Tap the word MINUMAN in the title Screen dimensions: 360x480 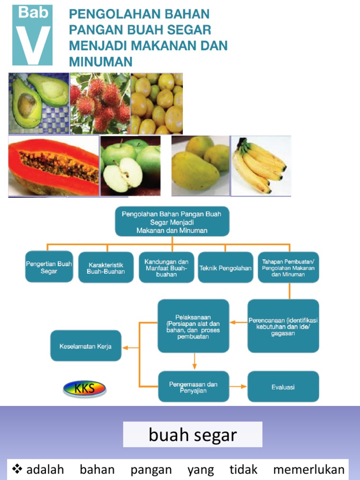101,61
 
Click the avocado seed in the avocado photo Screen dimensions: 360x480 27,105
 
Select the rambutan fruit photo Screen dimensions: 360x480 100,104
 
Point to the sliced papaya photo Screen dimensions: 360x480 53,165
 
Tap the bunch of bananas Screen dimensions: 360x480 259,165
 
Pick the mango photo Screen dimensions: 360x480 200,165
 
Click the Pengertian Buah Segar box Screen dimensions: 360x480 49,267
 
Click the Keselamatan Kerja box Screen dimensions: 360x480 86,345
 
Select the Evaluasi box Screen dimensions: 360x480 283,387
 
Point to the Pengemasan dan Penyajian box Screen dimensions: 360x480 194,387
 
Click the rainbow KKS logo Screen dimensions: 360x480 84,389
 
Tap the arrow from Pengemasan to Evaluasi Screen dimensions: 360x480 238,387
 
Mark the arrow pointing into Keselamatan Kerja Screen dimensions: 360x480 131,348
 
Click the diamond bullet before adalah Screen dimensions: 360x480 17,469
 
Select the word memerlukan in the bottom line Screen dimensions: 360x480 309,469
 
